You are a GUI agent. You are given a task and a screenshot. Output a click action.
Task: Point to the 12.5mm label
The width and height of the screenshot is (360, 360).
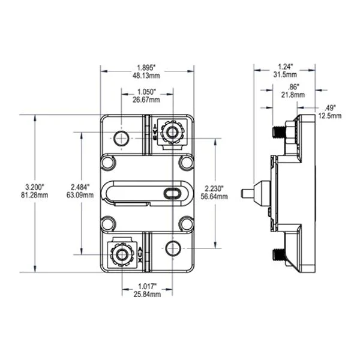329,115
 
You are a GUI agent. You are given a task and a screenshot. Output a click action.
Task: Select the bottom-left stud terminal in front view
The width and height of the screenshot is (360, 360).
122,255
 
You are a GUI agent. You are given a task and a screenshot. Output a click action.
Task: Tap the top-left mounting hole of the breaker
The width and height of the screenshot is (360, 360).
122,138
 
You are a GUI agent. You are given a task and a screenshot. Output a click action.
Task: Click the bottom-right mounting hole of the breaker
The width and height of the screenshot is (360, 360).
173,248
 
